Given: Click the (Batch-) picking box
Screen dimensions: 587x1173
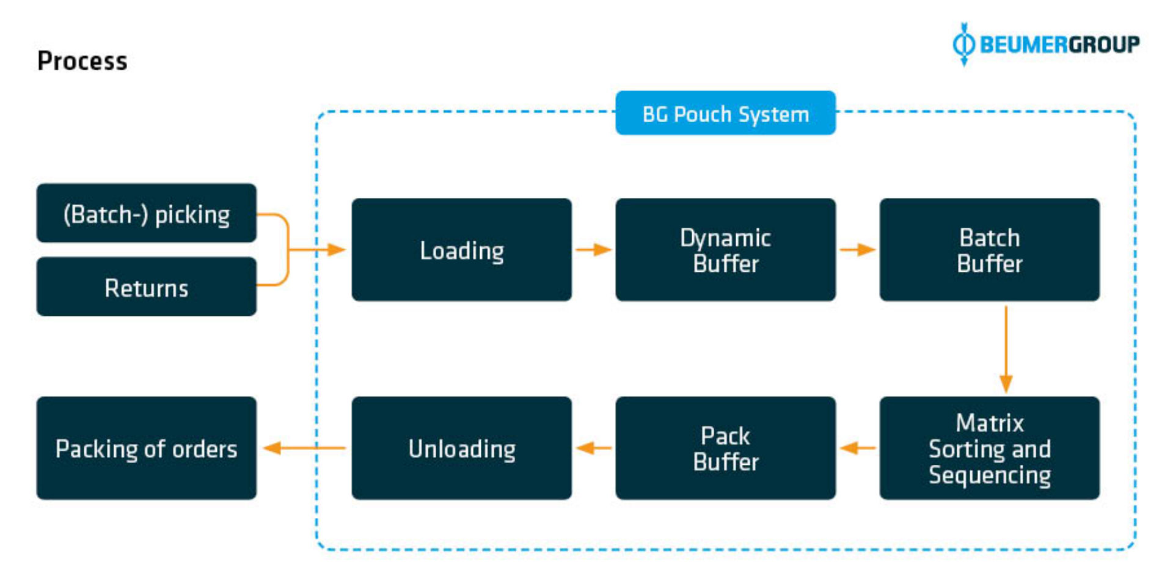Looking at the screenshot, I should pos(147,213).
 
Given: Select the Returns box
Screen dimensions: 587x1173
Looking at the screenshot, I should pos(147,286).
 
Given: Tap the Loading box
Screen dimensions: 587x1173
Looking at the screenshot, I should pos(461,250).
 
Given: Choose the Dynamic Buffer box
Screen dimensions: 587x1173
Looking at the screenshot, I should pos(725,250).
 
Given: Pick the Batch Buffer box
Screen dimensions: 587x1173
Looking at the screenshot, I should pos(989,250).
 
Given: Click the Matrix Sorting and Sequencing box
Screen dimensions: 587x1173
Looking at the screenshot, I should pos(989,448).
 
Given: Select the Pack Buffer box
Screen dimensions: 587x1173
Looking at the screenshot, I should pos(725,448).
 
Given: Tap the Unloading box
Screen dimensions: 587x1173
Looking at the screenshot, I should pos(461,448).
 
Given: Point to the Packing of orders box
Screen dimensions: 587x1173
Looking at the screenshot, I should pos(147,448).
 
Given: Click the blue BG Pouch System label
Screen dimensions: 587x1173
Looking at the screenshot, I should pos(725,114).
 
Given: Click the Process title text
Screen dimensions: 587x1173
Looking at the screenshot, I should pos(82,61).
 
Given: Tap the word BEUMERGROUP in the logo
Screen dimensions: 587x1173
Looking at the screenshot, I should pos(1059,45).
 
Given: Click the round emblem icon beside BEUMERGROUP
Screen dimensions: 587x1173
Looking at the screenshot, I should pos(964,44).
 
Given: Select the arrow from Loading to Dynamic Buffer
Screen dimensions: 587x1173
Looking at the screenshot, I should pos(593,249).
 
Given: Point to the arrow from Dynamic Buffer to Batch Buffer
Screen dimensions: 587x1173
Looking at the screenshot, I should pos(857,249).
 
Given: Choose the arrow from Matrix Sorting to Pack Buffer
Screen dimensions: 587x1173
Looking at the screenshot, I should pos(857,448).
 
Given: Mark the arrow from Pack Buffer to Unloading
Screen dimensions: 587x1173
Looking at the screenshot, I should pos(593,448).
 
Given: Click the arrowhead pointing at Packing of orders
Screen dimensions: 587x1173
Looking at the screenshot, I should pos(272,448).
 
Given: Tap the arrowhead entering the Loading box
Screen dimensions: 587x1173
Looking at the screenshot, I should pos(336,249).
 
